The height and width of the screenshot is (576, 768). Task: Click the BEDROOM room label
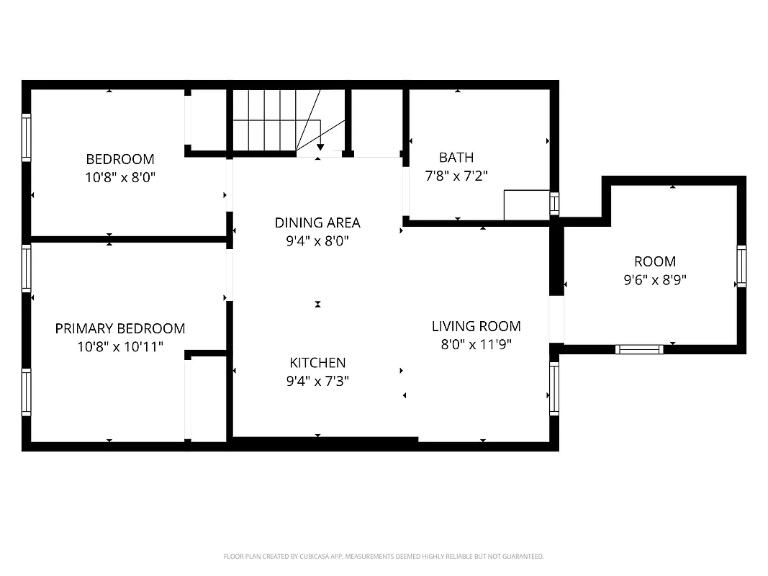pos(120,159)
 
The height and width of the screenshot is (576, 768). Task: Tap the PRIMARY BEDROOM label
pos(120,328)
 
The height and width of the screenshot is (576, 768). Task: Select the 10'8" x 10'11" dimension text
pos(120,347)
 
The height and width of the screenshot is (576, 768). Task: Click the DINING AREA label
pos(317,222)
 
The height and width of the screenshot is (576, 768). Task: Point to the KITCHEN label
pos(317,363)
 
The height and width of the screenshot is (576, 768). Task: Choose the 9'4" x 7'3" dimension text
pos(317,382)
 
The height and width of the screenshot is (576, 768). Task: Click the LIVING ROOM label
pos(476,326)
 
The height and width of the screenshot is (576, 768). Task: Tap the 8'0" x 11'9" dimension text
pos(476,345)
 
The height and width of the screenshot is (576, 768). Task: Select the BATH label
pos(456,157)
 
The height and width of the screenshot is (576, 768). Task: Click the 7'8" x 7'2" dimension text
pos(456,176)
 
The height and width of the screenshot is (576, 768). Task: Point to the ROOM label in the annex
pos(654,261)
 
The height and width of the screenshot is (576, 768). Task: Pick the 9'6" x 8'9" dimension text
pos(654,280)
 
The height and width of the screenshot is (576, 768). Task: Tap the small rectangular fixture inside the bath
pos(526,205)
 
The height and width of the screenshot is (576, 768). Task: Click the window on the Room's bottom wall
pos(639,349)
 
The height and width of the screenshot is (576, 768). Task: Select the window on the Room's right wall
pos(741,266)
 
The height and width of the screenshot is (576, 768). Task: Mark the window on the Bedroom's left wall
pos(27,137)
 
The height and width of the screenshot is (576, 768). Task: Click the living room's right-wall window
pos(554,389)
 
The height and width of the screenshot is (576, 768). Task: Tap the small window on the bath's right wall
pos(554,204)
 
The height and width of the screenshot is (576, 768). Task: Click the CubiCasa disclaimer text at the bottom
pos(384,557)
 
